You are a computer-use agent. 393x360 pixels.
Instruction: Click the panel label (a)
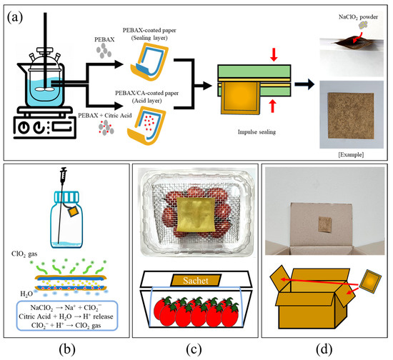click(x=15, y=18)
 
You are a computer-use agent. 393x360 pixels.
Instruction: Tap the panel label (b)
click(x=67, y=349)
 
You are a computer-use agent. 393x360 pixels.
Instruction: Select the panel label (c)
click(x=194, y=349)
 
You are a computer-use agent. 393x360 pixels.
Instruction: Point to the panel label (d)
click(x=324, y=349)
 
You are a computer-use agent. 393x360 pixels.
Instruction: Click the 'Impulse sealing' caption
click(x=257, y=132)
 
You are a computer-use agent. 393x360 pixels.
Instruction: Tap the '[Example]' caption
click(x=351, y=154)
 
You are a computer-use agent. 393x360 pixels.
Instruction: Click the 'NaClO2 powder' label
click(x=358, y=17)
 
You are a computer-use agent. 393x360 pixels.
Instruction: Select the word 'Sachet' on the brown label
click(x=196, y=280)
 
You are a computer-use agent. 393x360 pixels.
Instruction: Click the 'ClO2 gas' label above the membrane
click(x=24, y=254)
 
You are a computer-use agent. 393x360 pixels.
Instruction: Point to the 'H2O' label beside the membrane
click(x=26, y=294)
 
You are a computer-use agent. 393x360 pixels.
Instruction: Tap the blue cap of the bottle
click(x=67, y=196)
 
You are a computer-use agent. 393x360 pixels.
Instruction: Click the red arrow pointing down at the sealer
click(x=274, y=54)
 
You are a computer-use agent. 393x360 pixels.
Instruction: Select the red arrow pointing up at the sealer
click(x=273, y=106)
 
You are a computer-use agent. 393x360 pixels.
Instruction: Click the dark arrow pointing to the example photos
click(x=304, y=84)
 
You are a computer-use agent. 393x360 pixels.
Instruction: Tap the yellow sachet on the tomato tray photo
click(x=196, y=215)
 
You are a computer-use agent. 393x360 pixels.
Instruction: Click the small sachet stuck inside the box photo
click(x=325, y=224)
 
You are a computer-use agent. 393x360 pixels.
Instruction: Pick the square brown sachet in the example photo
click(x=351, y=116)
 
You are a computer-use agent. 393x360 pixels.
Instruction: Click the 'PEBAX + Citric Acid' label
click(x=105, y=116)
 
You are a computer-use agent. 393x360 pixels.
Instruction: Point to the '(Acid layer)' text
click(x=147, y=101)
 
